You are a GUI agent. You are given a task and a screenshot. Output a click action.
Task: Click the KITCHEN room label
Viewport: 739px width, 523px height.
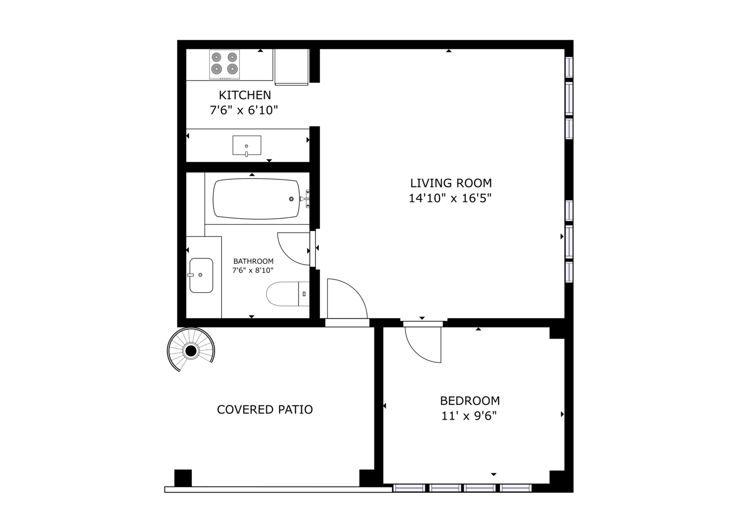click(245, 95)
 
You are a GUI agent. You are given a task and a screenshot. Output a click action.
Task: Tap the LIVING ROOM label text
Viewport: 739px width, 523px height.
click(451, 183)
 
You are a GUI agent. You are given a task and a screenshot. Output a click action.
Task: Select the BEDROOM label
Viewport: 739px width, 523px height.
click(470, 401)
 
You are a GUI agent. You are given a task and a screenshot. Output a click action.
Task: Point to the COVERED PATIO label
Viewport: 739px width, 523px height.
click(265, 409)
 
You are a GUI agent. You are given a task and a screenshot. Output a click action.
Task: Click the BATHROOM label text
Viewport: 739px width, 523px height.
click(253, 261)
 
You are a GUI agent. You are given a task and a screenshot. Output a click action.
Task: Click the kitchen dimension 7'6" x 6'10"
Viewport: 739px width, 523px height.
click(244, 111)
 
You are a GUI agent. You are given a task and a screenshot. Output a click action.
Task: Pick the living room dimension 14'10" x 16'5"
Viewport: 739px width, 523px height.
click(450, 198)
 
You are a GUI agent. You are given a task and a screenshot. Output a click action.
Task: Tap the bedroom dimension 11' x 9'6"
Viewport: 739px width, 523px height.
click(469, 416)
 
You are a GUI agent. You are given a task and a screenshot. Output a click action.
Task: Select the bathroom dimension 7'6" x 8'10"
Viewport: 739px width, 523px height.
click(252, 270)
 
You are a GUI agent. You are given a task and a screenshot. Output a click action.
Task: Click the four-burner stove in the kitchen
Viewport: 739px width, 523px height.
click(224, 64)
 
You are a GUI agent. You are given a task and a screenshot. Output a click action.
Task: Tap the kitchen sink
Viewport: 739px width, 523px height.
click(247, 146)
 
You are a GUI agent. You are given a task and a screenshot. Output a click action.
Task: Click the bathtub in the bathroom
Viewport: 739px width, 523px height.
click(256, 199)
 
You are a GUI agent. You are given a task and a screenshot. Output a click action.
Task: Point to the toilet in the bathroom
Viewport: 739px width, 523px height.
click(288, 294)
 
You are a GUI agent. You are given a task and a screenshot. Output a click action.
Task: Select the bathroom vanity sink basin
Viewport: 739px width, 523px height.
click(201, 275)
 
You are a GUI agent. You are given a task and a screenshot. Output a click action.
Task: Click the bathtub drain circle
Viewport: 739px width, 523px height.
click(291, 199)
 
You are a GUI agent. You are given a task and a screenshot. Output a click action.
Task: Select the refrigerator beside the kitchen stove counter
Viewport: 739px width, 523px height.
click(291, 67)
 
